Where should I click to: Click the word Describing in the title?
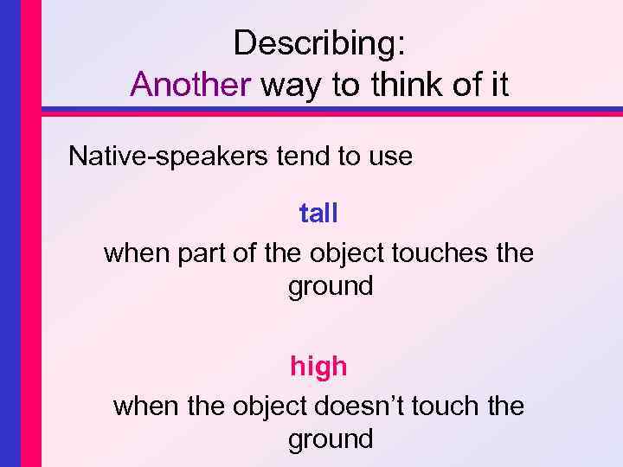(319, 43)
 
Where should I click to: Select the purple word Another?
(190, 84)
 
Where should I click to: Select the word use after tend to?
(389, 157)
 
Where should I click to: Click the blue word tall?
(318, 213)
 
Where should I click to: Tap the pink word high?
(318, 367)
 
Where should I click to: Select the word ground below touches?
(331, 286)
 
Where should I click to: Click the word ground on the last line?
(331, 439)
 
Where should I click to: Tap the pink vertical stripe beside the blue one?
(30, 233)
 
